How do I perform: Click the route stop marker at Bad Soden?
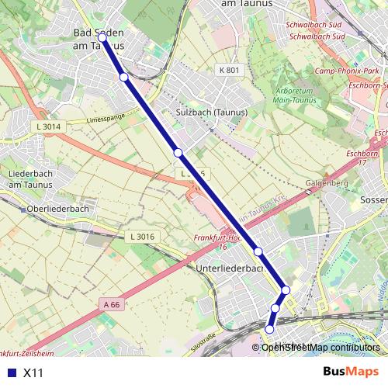point(102,36)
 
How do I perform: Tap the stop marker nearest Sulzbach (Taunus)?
point(178,152)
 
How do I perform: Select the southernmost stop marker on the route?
point(270,329)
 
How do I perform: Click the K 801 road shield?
point(230,71)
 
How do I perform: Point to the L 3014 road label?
point(47,125)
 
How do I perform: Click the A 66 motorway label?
point(111,304)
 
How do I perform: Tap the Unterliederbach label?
point(231,268)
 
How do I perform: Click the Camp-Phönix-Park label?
point(346,71)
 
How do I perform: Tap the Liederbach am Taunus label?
point(30,178)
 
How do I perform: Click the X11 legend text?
point(33,373)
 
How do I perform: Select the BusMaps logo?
point(351,372)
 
